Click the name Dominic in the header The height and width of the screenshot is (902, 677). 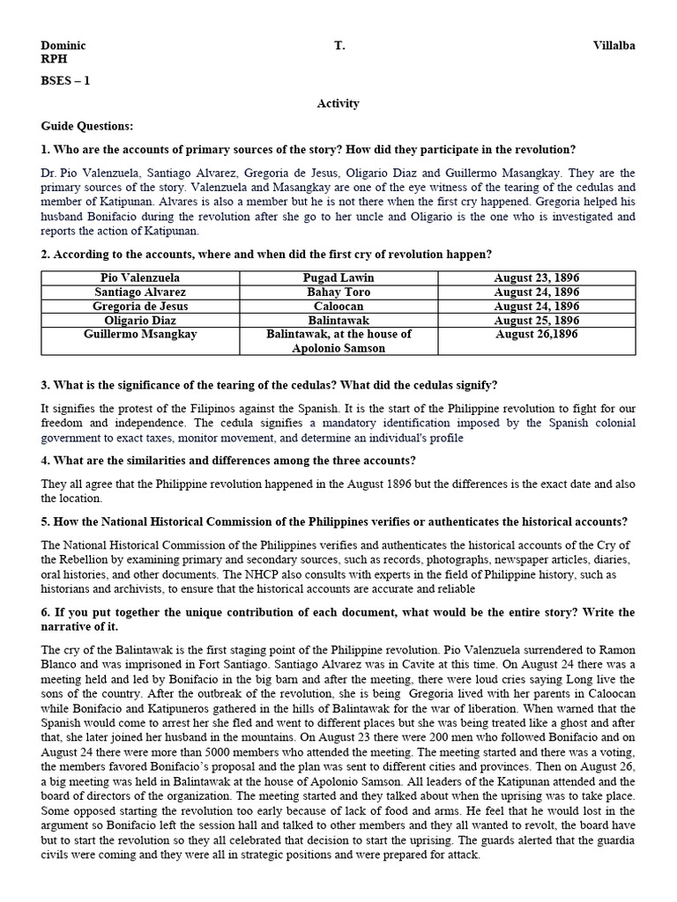(x=64, y=46)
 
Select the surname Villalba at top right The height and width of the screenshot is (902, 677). (x=614, y=46)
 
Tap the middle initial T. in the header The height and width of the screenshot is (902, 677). (x=339, y=46)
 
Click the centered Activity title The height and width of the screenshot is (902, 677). (x=338, y=104)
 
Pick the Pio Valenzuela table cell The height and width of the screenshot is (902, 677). (x=140, y=277)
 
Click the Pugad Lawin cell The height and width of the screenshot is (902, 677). (x=338, y=277)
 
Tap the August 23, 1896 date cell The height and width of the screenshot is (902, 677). (x=536, y=277)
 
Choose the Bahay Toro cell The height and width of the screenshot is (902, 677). (x=338, y=292)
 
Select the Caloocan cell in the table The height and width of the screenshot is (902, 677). (x=338, y=306)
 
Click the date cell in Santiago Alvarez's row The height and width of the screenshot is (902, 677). (x=536, y=292)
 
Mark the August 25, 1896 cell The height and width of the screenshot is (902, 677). (x=536, y=320)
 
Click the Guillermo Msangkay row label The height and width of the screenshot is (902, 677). (x=140, y=335)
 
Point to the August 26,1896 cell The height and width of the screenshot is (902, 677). (x=536, y=335)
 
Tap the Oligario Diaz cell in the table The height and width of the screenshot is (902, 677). (x=140, y=320)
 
